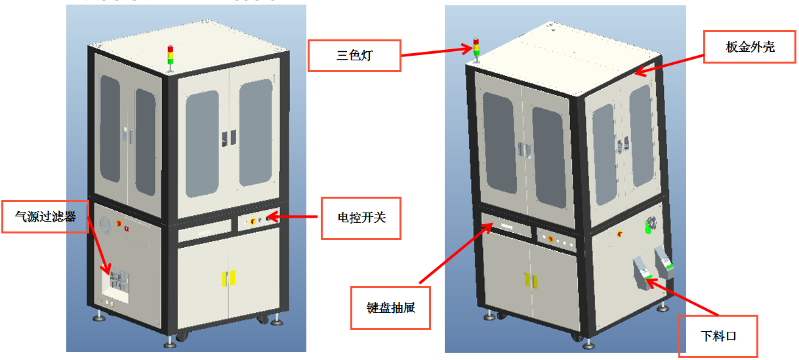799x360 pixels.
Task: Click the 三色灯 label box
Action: point(354,55)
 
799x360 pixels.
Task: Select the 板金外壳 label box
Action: point(750,47)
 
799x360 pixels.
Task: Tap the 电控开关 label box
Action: point(360,217)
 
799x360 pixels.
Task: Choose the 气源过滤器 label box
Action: point(45,216)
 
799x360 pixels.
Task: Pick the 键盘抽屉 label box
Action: point(390,307)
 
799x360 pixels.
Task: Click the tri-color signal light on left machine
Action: point(171,56)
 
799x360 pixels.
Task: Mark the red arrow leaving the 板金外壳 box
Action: point(669,64)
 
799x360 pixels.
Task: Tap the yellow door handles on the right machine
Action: point(528,279)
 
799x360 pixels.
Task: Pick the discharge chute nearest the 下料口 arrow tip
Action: point(642,272)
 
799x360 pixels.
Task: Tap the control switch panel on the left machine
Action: point(258,221)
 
